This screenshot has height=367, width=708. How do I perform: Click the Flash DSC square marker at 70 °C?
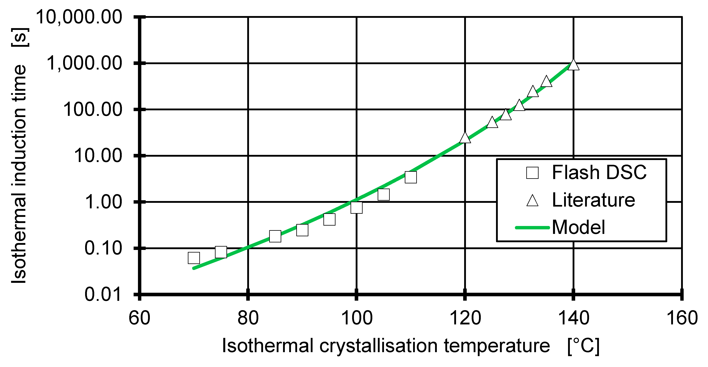coord(194,258)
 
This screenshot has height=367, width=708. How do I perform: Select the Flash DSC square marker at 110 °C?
coord(411,177)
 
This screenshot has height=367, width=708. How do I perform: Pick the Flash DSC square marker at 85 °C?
coord(275,236)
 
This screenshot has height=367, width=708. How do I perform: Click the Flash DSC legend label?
coord(599,173)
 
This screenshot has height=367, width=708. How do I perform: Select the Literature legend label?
coord(594,200)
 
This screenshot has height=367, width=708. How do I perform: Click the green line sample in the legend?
coord(532,228)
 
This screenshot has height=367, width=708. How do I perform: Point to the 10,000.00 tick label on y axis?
coord(79,17)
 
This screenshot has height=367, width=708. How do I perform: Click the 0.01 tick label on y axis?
coord(103,294)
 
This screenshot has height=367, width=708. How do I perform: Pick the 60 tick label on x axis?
coord(139,318)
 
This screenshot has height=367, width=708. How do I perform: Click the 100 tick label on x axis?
coord(356,318)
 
